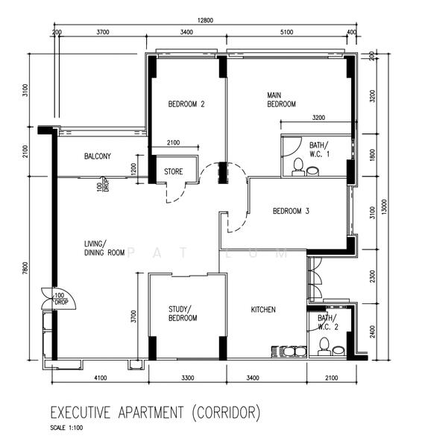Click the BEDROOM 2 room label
tap(186, 104)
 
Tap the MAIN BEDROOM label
tap(282, 100)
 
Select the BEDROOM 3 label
tap(291, 211)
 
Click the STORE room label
tap(174, 172)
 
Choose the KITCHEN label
tap(263, 309)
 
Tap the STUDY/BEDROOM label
tap(183, 313)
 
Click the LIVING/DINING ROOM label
tap(104, 248)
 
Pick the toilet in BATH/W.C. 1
tap(297, 166)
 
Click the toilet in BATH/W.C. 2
tap(323, 346)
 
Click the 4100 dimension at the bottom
tap(100, 378)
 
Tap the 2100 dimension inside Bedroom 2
tap(173, 143)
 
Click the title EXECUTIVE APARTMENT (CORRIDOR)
tap(154, 411)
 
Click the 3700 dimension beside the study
tap(134, 317)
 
